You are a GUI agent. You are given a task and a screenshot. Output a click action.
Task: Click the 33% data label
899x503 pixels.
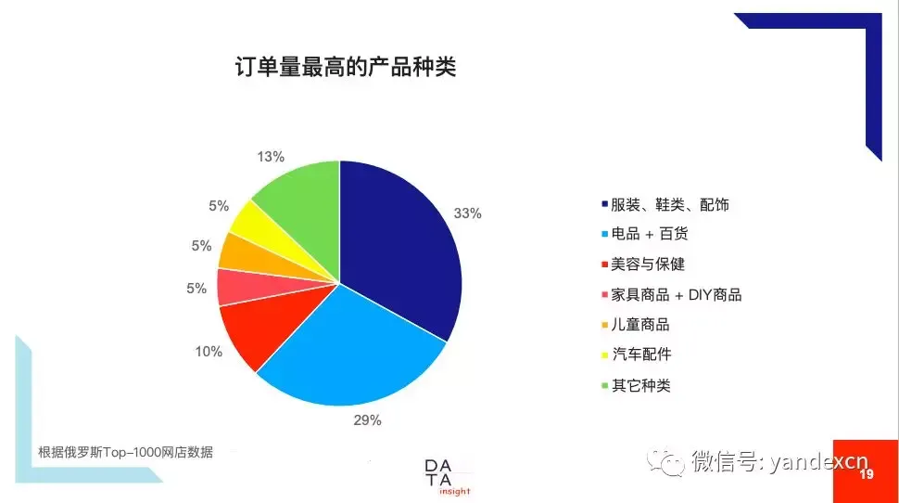[467, 213]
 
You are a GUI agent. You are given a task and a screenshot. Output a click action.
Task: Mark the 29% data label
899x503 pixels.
[368, 420]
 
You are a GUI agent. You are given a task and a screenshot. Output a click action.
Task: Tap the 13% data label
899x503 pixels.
[271, 157]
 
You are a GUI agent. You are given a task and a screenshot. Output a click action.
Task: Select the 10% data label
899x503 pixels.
[209, 352]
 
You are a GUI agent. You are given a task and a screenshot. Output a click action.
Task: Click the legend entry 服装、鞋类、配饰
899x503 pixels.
[665, 204]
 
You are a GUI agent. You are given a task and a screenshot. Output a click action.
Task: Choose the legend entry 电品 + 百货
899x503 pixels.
[644, 234]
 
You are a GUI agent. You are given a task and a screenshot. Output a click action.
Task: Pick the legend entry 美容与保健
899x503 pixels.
[642, 264]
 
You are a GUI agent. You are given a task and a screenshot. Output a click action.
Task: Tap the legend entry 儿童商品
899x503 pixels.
[635, 325]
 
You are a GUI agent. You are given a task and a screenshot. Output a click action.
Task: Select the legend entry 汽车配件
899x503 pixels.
[637, 355]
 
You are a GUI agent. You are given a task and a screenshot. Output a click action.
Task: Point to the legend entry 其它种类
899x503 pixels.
[636, 385]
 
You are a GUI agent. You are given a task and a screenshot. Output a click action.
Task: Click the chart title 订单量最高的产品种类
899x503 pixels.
[346, 67]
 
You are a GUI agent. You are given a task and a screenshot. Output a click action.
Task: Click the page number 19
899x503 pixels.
[867, 474]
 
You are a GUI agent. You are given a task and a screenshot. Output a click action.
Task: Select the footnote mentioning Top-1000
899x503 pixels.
[125, 453]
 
